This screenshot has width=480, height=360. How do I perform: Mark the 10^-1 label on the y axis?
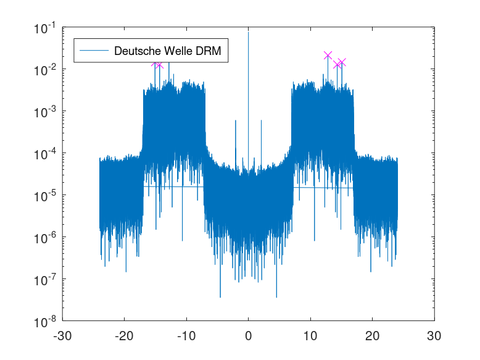pos(45,28)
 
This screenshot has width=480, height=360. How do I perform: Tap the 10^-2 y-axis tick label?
pos(45,70)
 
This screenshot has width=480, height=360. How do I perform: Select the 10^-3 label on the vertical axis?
pos(45,112)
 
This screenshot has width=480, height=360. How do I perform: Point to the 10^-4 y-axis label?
pos(45,154)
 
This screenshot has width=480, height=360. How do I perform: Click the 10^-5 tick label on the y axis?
pos(45,196)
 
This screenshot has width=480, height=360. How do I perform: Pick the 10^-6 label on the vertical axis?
pos(45,238)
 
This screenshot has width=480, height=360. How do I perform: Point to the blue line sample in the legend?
pos(93,51)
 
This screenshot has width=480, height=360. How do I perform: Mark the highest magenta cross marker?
pos(328,56)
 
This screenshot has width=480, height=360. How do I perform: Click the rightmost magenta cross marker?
pos(342,62)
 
